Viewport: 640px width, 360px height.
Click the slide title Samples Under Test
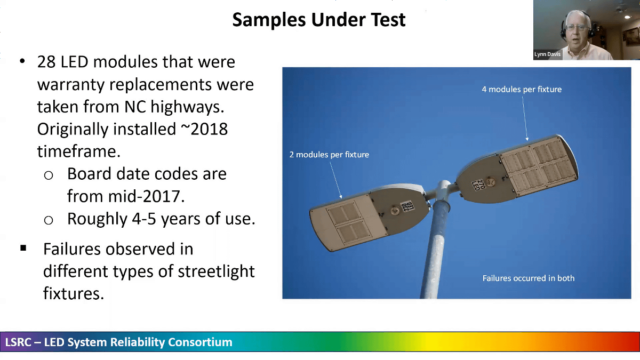pos(319,20)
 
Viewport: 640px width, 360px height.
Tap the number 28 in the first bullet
pos(46,62)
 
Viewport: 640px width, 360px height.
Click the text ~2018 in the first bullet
pos(204,129)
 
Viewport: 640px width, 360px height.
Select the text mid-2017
pos(126,196)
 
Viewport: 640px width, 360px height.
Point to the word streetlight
pos(216,271)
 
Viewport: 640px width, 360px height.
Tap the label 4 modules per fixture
pos(522,90)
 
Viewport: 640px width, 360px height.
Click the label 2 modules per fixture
pos(329,155)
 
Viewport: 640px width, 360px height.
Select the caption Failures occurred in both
pos(529,278)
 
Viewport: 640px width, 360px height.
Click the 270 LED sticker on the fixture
pos(478,185)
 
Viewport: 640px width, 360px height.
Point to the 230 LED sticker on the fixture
pos(407,206)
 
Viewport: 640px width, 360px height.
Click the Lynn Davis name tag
pos(547,54)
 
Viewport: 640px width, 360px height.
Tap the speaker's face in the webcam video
pos(578,29)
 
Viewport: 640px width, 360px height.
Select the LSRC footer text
pos(118,342)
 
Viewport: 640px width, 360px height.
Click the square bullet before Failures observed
pos(23,248)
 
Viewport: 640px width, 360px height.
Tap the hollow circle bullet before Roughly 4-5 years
pos(49,220)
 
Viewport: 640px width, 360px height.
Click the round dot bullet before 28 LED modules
pos(22,61)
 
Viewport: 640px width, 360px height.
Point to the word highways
pos(187,107)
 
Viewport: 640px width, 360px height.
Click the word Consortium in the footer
pos(200,342)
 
